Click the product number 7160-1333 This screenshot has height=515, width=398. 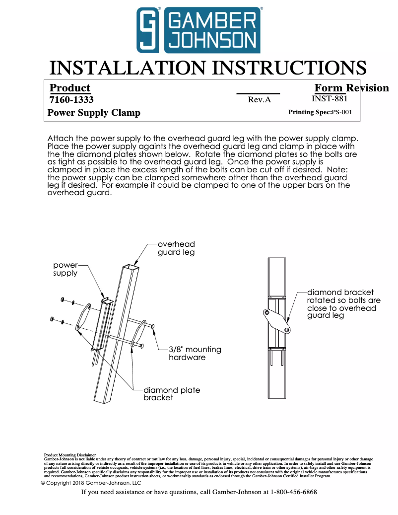(71, 100)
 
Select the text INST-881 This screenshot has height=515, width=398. (329, 98)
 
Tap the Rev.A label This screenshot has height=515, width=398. (259, 100)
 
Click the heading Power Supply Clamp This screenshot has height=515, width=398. (94, 113)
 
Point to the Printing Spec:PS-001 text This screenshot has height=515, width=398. (320, 112)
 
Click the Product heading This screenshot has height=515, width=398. (70, 88)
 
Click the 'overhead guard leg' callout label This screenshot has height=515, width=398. (176, 248)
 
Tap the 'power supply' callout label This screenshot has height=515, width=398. (66, 269)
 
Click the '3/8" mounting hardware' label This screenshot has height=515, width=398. (195, 353)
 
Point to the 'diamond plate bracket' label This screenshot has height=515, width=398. (172, 394)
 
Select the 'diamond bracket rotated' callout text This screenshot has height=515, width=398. (343, 303)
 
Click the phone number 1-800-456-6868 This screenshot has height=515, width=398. (293, 492)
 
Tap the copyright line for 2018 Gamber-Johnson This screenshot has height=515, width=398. (91, 483)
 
